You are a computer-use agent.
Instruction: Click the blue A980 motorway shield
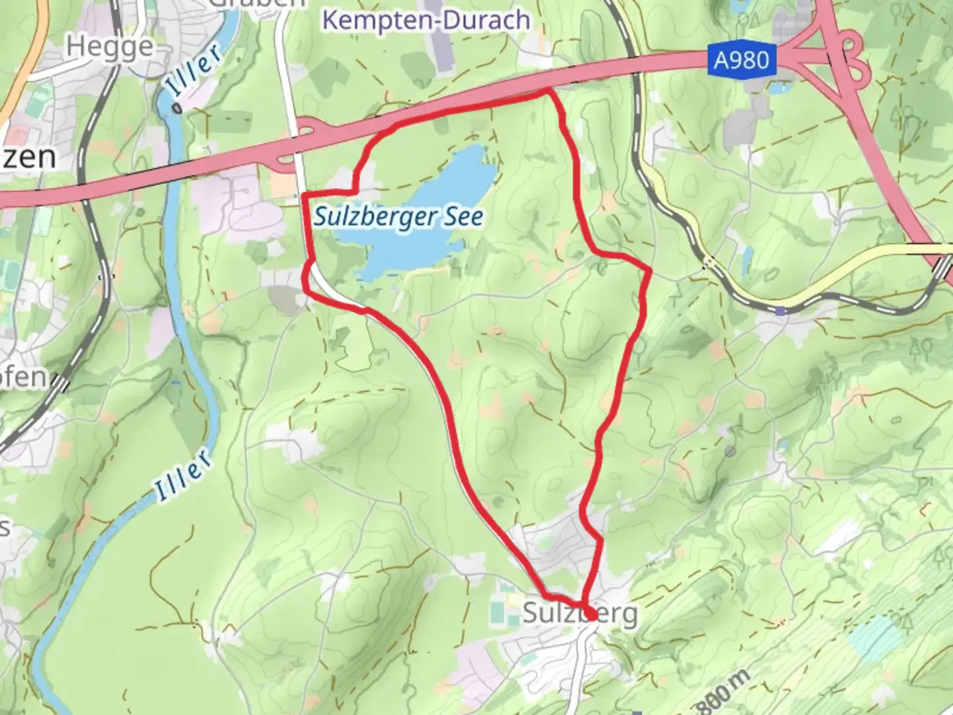742,61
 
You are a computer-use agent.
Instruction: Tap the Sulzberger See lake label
398,216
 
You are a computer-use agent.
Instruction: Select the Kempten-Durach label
426,20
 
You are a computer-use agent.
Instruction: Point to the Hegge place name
110,47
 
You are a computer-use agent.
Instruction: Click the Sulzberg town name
580,613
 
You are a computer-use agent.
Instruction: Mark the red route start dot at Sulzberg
590,615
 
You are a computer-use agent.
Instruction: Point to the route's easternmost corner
649,270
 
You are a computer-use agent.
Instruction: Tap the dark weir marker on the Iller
176,107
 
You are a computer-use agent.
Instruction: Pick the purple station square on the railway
782,310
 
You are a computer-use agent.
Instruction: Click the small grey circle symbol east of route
730,451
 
